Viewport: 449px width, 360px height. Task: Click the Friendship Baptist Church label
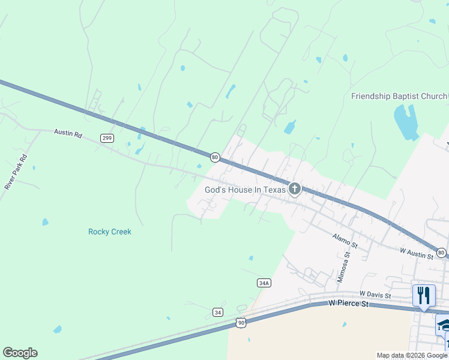(x=399, y=96)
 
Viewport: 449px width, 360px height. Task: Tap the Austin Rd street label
(x=67, y=133)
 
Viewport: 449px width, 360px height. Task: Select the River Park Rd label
(x=16, y=172)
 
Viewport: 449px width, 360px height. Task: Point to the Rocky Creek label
(x=109, y=232)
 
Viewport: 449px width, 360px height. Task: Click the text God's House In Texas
(x=246, y=190)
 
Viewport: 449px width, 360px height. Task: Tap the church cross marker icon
(x=294, y=189)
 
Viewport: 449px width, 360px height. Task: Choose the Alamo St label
(x=345, y=241)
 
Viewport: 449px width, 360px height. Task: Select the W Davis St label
(x=375, y=295)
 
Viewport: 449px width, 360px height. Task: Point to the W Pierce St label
(x=349, y=304)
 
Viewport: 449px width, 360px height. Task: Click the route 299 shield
(x=107, y=138)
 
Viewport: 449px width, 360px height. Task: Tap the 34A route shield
(x=264, y=283)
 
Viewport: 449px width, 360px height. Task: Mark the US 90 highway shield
(x=240, y=323)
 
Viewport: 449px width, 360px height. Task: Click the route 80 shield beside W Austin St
(x=441, y=253)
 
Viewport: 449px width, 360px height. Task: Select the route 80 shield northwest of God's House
(x=214, y=157)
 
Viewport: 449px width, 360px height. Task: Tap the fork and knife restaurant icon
(x=424, y=295)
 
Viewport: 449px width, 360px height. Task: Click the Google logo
(x=20, y=353)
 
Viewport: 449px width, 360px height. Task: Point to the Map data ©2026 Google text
(x=412, y=356)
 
